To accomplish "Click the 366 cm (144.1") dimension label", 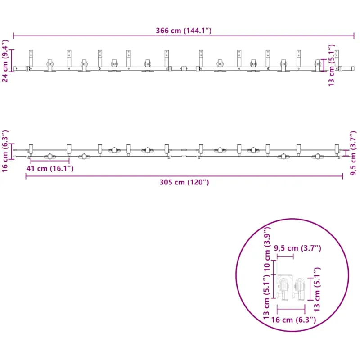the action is pos(184,31).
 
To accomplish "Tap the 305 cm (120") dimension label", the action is pos(184,182).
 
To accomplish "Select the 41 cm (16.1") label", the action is pos(50,168).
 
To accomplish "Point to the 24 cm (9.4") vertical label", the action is pos(5,61).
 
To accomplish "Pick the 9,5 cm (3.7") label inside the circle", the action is pos(297,248).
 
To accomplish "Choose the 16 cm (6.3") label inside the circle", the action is pos(293,319).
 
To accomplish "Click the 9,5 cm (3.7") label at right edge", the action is pos(353,153).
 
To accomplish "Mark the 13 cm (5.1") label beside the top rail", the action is pos(331,65).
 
